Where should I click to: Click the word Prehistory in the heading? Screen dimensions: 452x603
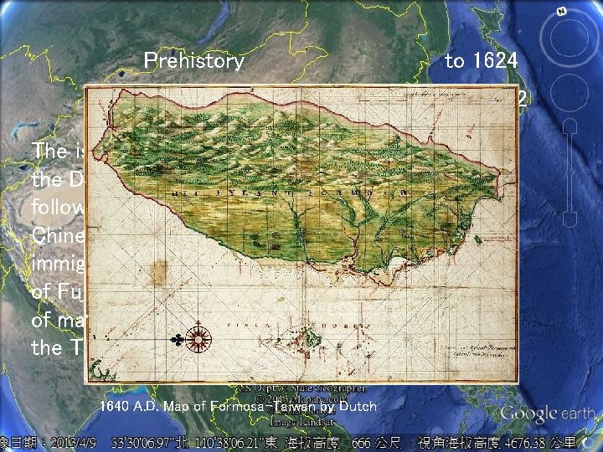pyautogui.click(x=194, y=60)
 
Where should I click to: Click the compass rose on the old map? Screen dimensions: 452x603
pyautogui.click(x=199, y=339)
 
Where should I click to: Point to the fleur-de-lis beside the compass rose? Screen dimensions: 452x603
pyautogui.click(x=178, y=340)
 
